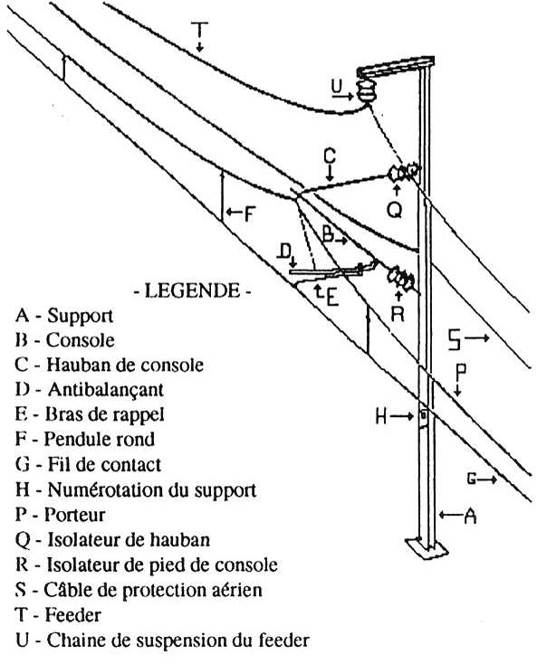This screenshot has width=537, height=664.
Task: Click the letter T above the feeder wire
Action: [199, 30]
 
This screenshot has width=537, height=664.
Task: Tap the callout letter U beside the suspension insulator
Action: [337, 86]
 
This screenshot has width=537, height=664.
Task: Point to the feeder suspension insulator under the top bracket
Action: [365, 90]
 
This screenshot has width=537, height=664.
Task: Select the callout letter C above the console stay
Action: [330, 156]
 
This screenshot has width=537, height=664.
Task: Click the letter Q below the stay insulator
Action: [395, 210]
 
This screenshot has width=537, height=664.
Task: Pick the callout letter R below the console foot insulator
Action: [398, 314]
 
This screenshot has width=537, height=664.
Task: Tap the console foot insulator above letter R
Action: [400, 278]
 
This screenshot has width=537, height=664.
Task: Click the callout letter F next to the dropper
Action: [249, 213]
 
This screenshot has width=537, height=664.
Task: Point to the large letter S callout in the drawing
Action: [454, 339]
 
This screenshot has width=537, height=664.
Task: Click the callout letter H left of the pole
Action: [381, 418]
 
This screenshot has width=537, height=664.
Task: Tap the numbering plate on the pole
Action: [423, 415]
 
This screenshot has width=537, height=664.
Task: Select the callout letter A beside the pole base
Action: [470, 516]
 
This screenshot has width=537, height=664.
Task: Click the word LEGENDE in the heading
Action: [192, 291]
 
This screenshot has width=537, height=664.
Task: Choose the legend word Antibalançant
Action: [106, 390]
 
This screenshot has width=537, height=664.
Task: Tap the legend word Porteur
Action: [74, 515]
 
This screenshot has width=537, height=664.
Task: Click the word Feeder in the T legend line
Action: [73, 615]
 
